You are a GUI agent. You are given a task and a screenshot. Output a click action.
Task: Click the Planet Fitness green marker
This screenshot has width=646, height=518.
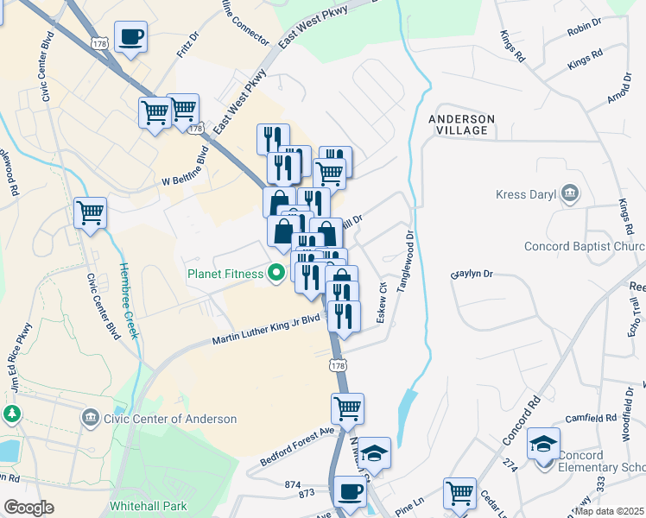click(x=276, y=275)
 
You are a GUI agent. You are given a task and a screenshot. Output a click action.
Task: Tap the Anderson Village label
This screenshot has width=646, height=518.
click(x=462, y=124)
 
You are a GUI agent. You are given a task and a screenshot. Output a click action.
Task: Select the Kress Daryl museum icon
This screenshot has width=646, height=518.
click(x=570, y=194)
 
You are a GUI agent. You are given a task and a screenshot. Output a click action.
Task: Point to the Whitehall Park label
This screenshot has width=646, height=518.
click(x=148, y=503)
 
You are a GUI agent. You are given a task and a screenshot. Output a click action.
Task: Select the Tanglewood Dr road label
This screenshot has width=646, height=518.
click(x=404, y=260)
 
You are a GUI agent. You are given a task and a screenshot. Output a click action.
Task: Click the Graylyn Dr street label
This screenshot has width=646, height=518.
click(x=472, y=274)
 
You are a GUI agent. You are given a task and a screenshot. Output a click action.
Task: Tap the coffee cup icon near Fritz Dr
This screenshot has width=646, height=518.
click(x=130, y=37)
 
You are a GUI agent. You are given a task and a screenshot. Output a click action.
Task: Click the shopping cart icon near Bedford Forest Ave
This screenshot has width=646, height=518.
click(x=347, y=408)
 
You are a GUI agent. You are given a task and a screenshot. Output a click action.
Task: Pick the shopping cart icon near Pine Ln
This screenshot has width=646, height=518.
click(x=460, y=493)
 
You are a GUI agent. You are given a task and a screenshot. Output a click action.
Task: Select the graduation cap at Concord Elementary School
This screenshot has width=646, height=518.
click(x=543, y=445)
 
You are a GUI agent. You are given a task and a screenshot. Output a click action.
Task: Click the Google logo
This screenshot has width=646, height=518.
click(x=29, y=507)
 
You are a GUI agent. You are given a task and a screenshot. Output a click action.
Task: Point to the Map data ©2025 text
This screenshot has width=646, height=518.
click(x=609, y=510)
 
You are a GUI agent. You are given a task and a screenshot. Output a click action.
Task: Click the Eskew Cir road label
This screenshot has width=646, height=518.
click(x=382, y=300)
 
